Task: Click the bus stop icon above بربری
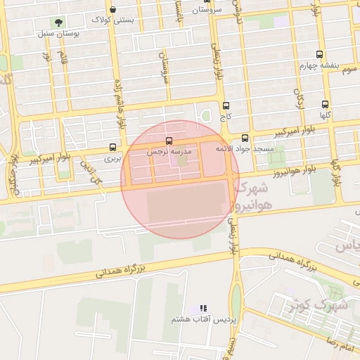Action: click(113, 148)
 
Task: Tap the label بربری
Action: click(113, 159)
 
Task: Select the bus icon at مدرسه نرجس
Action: click(168, 141)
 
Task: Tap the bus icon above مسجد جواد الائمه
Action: click(245, 139)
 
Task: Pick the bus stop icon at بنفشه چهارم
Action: click(320, 54)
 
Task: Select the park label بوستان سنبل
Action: click(56, 33)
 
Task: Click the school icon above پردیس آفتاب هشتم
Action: click(204, 308)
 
